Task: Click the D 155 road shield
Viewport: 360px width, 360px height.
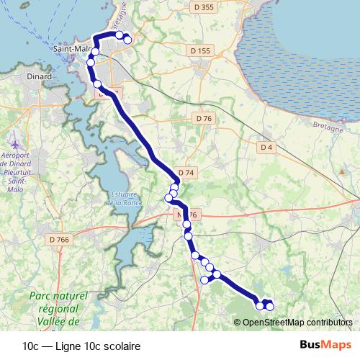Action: coord(202,51)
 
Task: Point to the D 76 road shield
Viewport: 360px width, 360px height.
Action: coord(204,118)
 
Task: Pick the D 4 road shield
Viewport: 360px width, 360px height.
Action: coord(266,147)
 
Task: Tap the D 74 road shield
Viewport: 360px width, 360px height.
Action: coord(186,173)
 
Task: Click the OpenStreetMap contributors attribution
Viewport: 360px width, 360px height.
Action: coord(297,323)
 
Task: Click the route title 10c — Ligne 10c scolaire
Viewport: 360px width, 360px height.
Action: coord(81,346)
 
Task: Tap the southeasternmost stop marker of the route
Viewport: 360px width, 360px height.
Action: coord(270,307)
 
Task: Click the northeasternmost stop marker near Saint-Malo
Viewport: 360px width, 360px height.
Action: coord(128,40)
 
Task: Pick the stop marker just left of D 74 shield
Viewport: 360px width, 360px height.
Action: coord(174,188)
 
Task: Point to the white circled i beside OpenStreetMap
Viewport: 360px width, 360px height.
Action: coord(238,323)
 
